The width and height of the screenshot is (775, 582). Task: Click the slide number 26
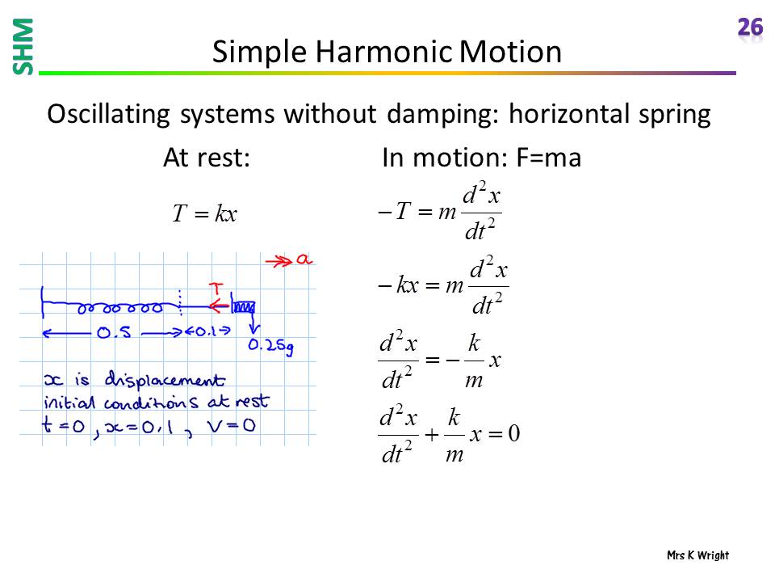click(750, 27)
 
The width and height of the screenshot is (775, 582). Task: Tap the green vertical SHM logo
click(23, 47)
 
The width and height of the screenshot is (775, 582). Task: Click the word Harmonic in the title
click(383, 52)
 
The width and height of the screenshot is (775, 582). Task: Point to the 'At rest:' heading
click(207, 158)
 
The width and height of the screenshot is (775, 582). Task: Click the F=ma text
click(549, 158)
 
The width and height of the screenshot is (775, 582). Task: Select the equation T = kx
click(204, 213)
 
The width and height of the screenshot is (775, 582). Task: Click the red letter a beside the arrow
click(304, 259)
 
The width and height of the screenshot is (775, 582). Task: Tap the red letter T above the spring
click(216, 288)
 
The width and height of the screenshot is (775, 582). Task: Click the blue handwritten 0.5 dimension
click(114, 332)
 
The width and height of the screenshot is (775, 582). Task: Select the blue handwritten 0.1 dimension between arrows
click(207, 331)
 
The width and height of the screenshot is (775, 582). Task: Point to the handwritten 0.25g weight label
click(271, 346)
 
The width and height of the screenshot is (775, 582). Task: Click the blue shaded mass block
click(244, 307)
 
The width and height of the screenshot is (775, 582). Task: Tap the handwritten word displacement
click(165, 380)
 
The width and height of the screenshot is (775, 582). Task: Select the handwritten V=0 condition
click(232, 425)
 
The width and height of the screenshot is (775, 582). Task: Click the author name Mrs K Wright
click(697, 555)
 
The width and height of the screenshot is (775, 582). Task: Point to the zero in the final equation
click(514, 433)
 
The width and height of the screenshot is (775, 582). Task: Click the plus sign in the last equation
click(431, 435)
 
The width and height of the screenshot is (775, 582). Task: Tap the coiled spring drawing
click(120, 308)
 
